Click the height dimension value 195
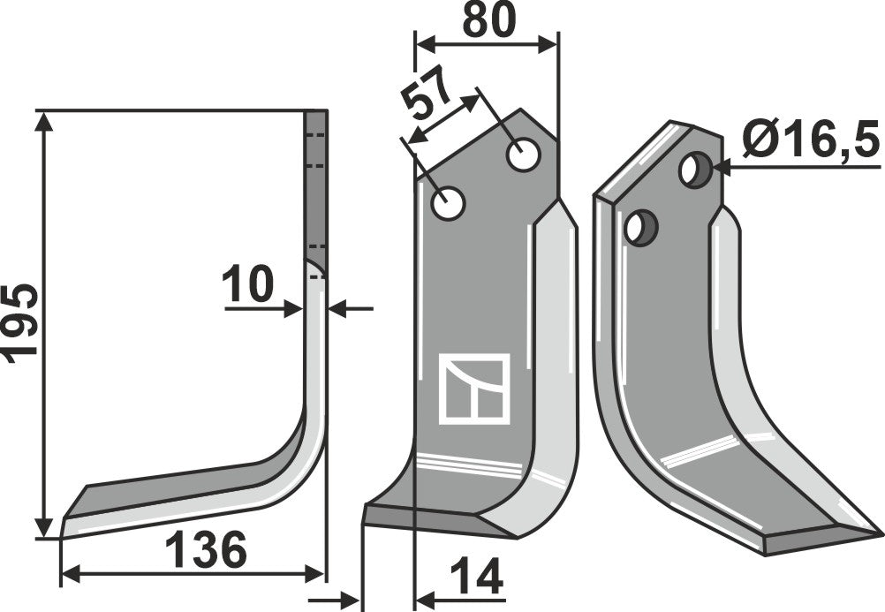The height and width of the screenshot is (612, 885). point(19,321)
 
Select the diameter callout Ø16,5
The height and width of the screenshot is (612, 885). point(811,140)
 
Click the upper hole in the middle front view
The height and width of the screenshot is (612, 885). point(524,156)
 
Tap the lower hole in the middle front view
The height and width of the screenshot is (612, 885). point(448,204)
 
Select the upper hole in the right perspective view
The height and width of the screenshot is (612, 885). point(694,169)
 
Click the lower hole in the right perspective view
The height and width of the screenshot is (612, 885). point(639,227)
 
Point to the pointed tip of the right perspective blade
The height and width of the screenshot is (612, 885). point(880,533)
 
